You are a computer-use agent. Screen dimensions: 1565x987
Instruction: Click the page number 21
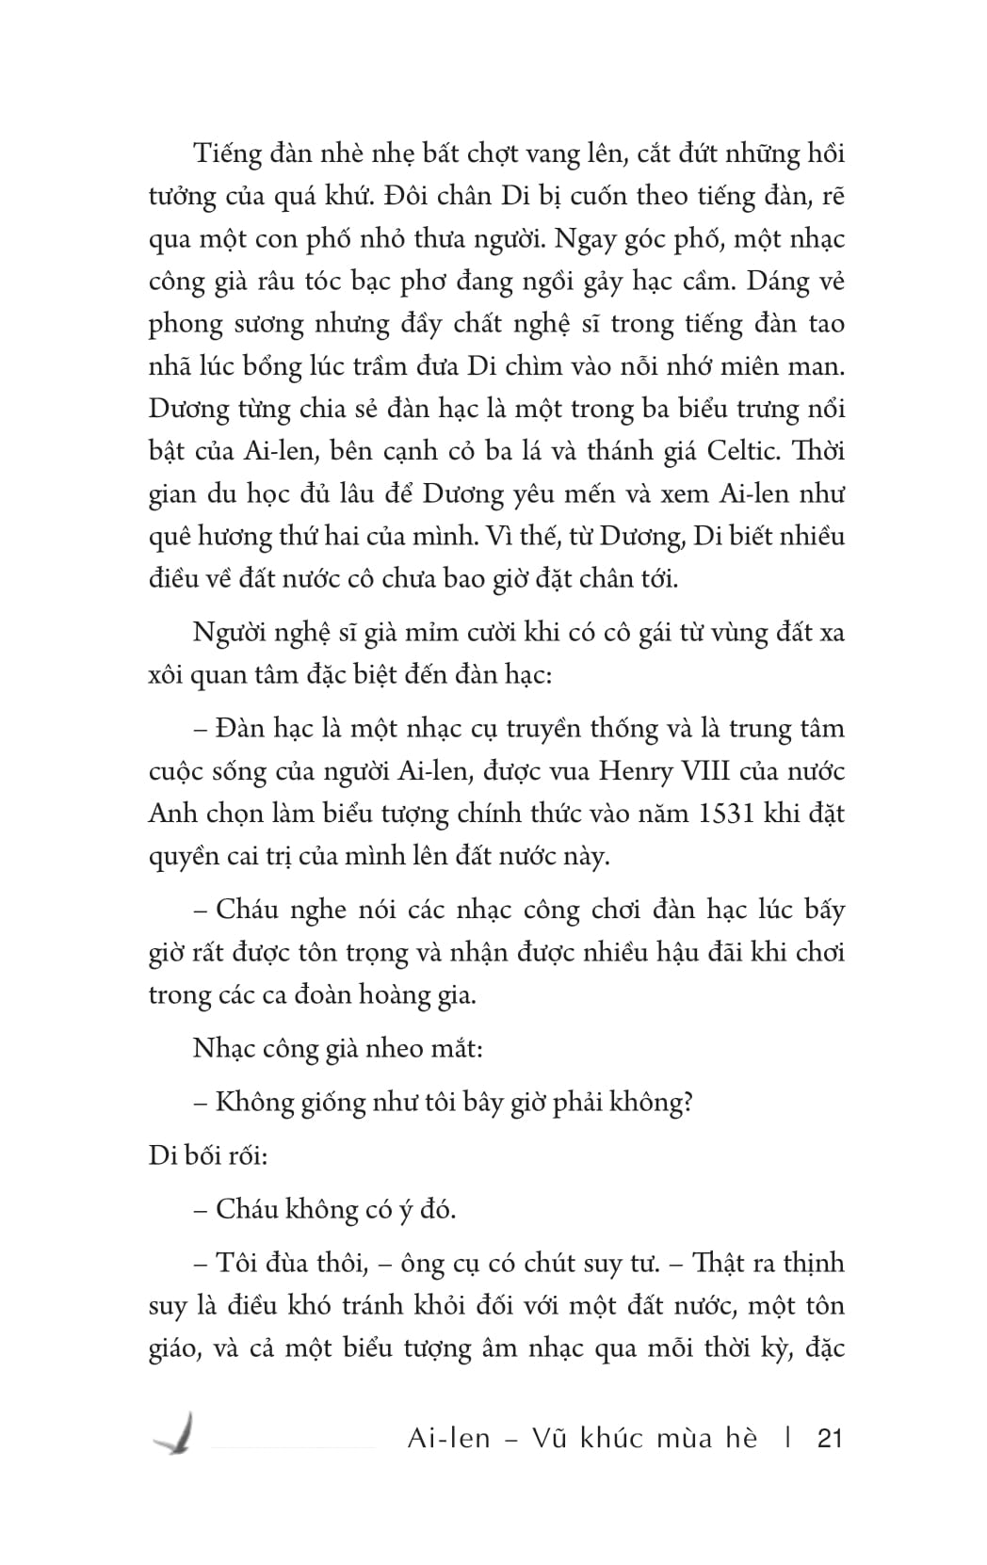point(830,1439)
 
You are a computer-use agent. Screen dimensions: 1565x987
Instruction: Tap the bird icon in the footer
point(176,1434)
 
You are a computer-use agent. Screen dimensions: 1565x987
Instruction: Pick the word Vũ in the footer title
point(552,1439)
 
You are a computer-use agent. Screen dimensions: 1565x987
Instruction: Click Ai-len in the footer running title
point(449,1439)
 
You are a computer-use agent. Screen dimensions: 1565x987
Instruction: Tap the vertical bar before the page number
point(787,1439)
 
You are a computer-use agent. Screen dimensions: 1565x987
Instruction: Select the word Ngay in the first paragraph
point(587,238)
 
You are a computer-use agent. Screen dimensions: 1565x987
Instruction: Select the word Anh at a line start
point(171,813)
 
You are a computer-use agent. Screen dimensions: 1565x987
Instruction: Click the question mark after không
point(687,1103)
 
